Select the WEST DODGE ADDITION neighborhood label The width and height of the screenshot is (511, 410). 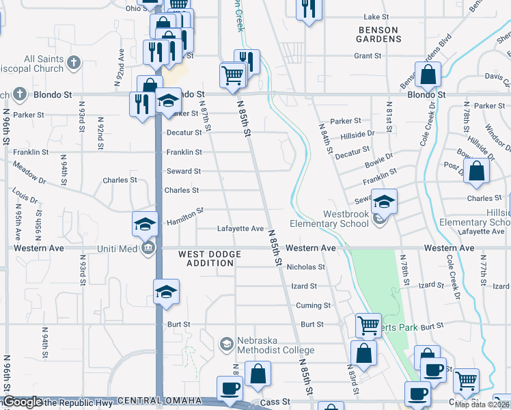(x=210, y=259)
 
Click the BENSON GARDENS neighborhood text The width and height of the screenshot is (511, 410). (x=378, y=35)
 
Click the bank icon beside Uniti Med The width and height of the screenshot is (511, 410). (x=148, y=247)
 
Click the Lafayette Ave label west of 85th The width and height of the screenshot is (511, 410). (x=240, y=228)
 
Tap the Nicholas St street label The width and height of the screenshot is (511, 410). (x=305, y=266)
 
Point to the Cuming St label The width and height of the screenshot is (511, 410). (x=313, y=305)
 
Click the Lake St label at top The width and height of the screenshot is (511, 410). (x=376, y=16)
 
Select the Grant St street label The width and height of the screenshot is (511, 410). (x=368, y=55)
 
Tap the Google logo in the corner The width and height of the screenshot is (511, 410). (x=23, y=402)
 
